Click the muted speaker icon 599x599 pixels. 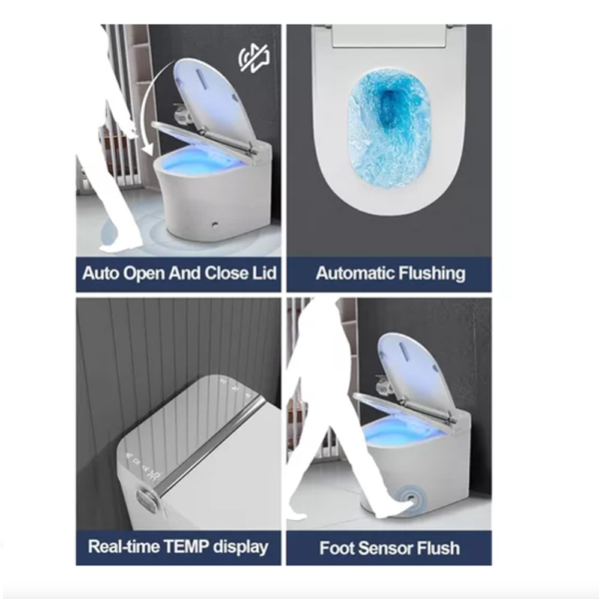[255, 58]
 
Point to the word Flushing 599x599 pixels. [432, 274]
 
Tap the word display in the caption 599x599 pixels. [241, 547]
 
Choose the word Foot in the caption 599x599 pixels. [335, 548]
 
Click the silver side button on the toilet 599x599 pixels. [146, 499]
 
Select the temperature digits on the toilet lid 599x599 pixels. [155, 477]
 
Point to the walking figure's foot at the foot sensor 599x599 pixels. [395, 510]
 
